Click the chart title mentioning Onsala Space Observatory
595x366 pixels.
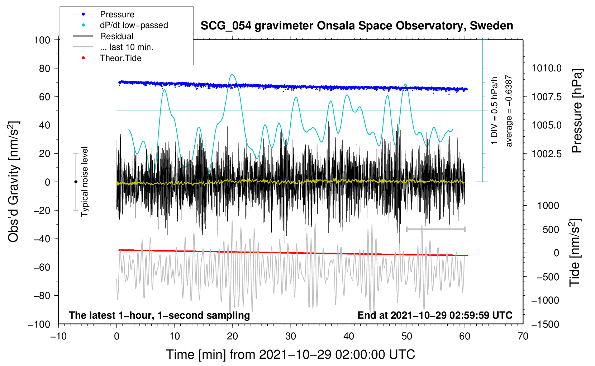click(357, 26)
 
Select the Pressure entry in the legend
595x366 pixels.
click(117, 14)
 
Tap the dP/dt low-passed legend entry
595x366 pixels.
click(134, 25)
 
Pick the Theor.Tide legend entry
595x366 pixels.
click(120, 58)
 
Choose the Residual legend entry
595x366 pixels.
click(116, 36)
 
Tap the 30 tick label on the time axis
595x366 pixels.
click(291, 336)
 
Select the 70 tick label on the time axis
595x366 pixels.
click(523, 336)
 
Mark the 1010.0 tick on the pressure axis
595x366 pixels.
click(546, 68)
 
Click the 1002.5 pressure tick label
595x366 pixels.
click(546, 154)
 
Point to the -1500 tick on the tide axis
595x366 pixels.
click(545, 324)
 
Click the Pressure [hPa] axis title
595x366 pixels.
click(577, 111)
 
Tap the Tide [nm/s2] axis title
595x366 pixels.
click(575, 253)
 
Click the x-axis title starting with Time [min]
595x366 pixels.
click(291, 355)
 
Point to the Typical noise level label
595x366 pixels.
click(85, 182)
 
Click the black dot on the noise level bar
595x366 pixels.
click(76, 182)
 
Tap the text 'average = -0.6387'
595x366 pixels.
click(509, 111)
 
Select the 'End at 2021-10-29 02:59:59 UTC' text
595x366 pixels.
click(435, 315)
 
